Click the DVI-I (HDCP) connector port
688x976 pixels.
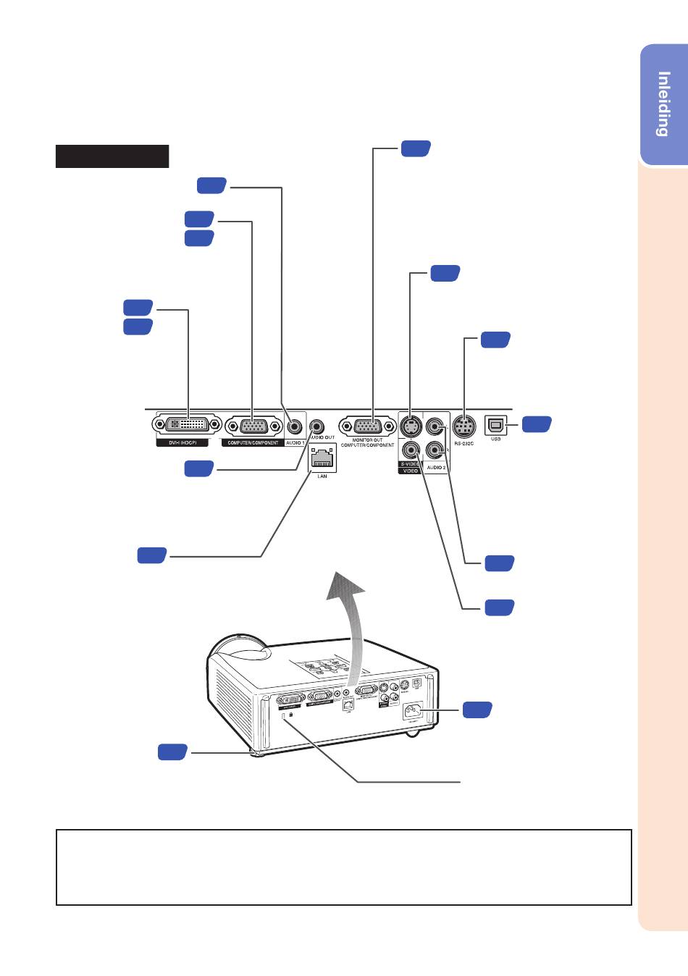tap(188, 426)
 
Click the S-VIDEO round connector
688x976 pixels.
tap(411, 426)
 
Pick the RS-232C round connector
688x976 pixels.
tap(463, 425)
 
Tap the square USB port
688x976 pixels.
tap(496, 424)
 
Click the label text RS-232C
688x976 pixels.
tap(463, 442)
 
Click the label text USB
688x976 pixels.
tap(496, 439)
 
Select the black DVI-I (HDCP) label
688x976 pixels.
tap(183, 442)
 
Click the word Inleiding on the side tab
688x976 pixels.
tap(663, 104)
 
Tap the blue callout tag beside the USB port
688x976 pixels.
tap(537, 425)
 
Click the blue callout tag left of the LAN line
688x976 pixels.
tap(152, 556)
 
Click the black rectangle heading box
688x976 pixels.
tap(112, 156)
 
